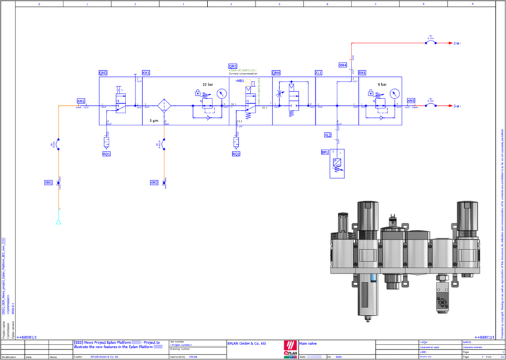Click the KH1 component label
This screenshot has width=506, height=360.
click(x=146, y=73)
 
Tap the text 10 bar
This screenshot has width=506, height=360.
click(x=208, y=84)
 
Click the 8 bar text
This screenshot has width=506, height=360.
click(x=382, y=84)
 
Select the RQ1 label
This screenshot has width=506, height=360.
click(x=106, y=154)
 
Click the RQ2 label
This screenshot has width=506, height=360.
click(x=236, y=154)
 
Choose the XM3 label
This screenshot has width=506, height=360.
click(x=154, y=183)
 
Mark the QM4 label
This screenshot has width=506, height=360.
click(x=276, y=73)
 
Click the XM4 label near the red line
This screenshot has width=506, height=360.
click(x=343, y=65)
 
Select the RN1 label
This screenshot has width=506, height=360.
click(x=362, y=73)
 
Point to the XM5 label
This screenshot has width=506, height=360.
click(x=411, y=100)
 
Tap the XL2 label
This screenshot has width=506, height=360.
click(x=328, y=136)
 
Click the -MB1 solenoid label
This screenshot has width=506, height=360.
click(x=240, y=80)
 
